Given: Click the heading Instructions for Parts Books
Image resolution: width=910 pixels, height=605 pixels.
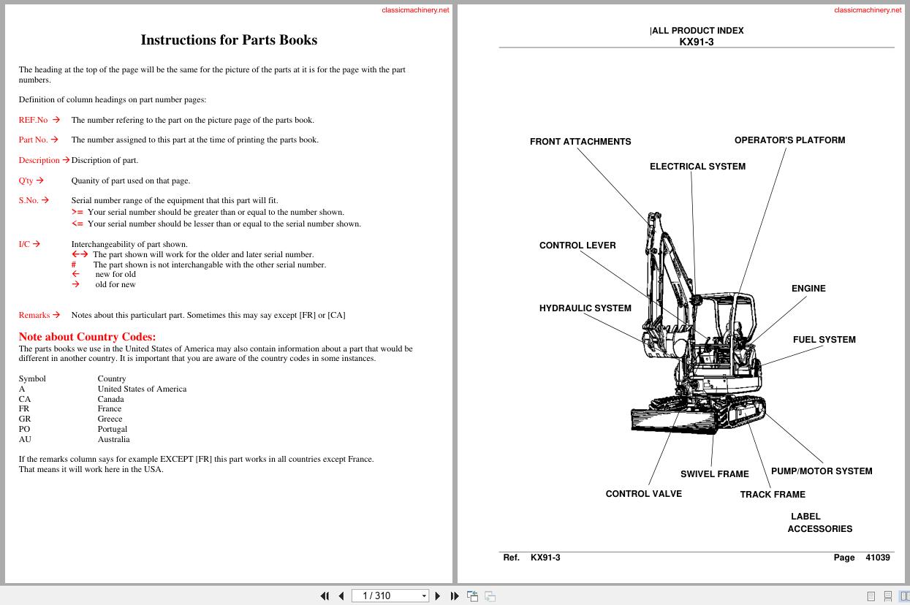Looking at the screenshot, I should click(x=229, y=40).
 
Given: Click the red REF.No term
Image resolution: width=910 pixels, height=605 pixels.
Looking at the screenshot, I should click(x=33, y=120).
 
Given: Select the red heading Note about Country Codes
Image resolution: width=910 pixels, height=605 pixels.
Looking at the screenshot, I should click(x=87, y=337).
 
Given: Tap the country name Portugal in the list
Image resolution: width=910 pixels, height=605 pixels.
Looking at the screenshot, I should click(x=113, y=429).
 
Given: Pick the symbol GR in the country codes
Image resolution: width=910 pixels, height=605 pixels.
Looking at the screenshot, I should click(x=25, y=419).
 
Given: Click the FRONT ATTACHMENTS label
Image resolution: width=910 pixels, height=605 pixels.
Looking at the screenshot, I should click(x=580, y=142).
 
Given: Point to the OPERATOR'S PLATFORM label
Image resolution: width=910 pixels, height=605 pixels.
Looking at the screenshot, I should click(x=789, y=140).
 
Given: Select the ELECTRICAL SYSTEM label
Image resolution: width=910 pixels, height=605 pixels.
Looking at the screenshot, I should click(x=697, y=167).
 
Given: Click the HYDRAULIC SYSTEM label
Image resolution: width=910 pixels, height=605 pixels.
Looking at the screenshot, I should click(x=585, y=308).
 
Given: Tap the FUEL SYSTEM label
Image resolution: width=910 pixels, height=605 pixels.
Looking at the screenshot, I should click(x=824, y=340).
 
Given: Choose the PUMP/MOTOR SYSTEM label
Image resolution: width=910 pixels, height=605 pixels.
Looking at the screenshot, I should click(x=822, y=471).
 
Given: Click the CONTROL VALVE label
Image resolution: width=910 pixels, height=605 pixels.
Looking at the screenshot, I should click(x=643, y=494).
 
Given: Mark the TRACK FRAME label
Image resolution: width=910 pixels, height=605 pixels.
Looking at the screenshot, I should click(x=773, y=495).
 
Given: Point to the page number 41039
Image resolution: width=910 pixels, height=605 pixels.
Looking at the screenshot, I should click(x=878, y=558).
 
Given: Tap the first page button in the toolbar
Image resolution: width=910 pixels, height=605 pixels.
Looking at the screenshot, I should click(x=325, y=596).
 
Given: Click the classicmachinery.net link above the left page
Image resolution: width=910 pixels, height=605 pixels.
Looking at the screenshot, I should click(x=415, y=10).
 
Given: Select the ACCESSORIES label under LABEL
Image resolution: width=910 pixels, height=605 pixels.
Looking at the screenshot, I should click(x=819, y=529).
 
